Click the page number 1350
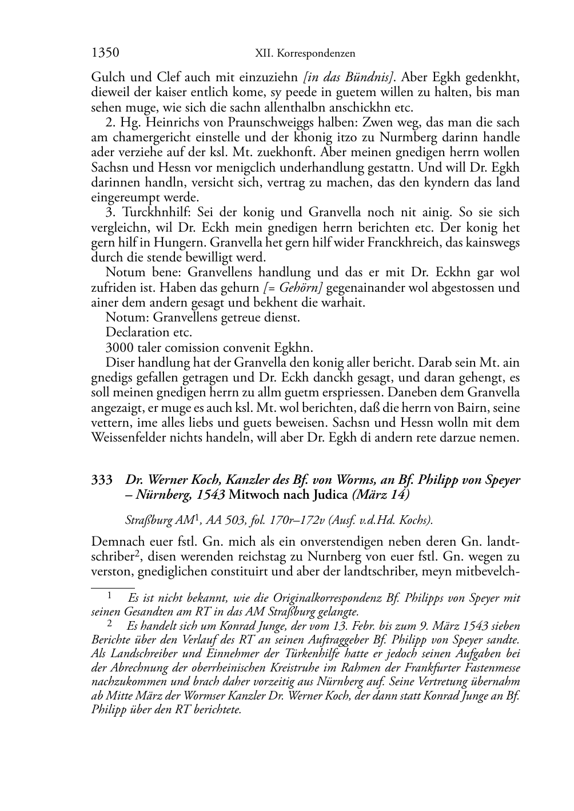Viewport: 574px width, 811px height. [x=105, y=53]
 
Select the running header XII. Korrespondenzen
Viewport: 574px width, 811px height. [x=305, y=54]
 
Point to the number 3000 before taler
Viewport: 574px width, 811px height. [x=119, y=347]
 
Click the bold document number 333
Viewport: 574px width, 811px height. [x=102, y=480]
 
